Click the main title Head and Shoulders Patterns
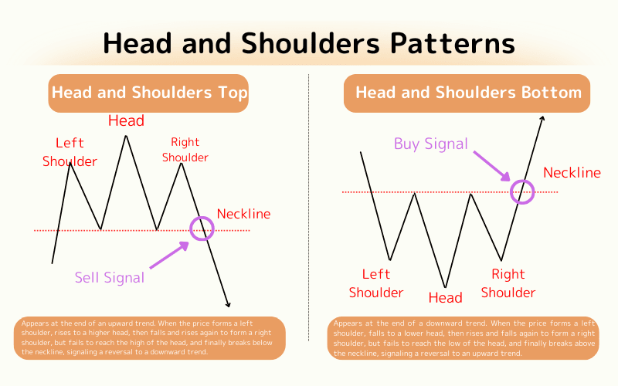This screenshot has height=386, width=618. pos(309,43)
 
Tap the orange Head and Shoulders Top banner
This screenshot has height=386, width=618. pos(149,94)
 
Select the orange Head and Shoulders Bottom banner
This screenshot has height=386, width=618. pos(467,93)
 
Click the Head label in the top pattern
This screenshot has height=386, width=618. pos(126,120)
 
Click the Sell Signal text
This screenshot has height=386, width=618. pos(109,277)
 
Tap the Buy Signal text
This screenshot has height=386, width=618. pos(430,144)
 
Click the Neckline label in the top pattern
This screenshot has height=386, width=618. pos(244,214)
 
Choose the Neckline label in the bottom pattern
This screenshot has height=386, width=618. pos(572,173)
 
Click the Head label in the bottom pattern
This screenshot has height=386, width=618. pos(445,298)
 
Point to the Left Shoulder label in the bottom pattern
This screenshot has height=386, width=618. pos(376,283)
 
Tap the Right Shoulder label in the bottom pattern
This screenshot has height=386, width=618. pos(508,283)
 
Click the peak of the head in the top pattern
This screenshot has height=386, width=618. pos(125,136)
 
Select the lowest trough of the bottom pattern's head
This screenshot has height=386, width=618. pos(445,288)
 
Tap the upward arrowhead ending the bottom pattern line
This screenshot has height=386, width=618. pos(543,119)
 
